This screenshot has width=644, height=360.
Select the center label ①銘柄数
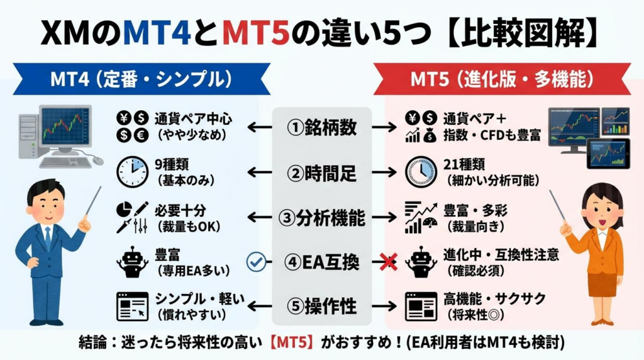(x=322, y=127)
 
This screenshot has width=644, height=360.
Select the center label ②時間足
(x=322, y=172)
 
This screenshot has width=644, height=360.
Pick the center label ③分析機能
(x=322, y=217)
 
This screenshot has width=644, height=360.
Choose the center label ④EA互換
(x=322, y=261)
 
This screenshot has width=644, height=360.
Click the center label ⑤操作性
(x=322, y=307)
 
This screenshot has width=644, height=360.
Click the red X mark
(x=388, y=261)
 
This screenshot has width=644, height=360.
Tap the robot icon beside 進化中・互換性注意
(x=420, y=261)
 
